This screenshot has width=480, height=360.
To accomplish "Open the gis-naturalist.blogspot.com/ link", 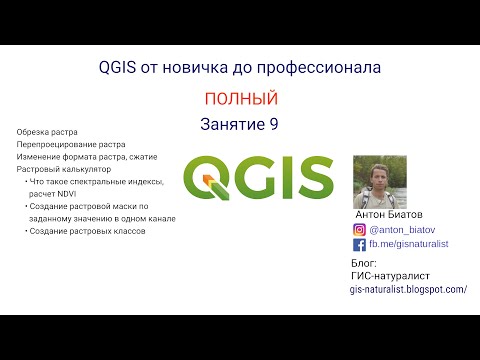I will pyautogui.click(x=408, y=288).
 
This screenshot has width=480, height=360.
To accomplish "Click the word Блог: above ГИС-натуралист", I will pyautogui.click(x=364, y=262).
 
